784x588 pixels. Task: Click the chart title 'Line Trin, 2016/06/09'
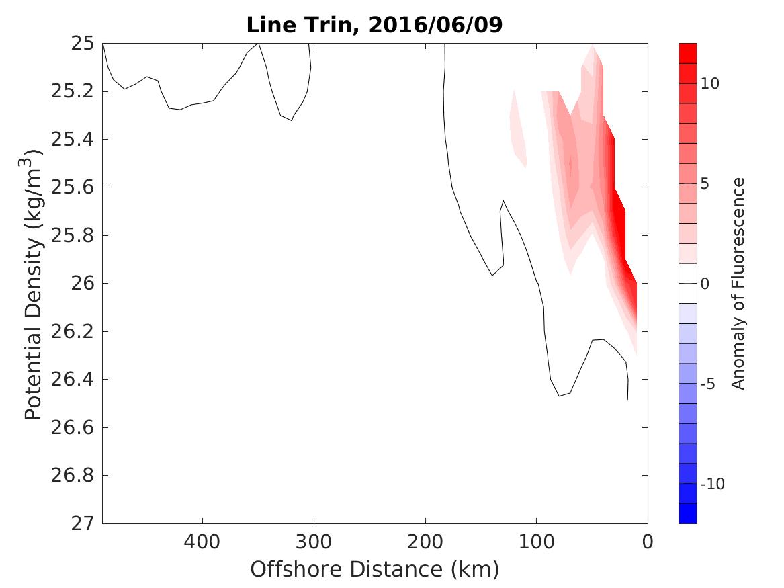coord(375,25)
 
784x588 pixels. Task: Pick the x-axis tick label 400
coord(202,542)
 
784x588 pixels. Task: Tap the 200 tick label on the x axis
coord(425,542)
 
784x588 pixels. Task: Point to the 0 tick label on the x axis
coord(648,542)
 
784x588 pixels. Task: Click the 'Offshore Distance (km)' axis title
coord(375,570)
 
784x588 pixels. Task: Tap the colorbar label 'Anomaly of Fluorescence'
coord(739,283)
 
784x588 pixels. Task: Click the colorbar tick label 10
coord(711,83)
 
